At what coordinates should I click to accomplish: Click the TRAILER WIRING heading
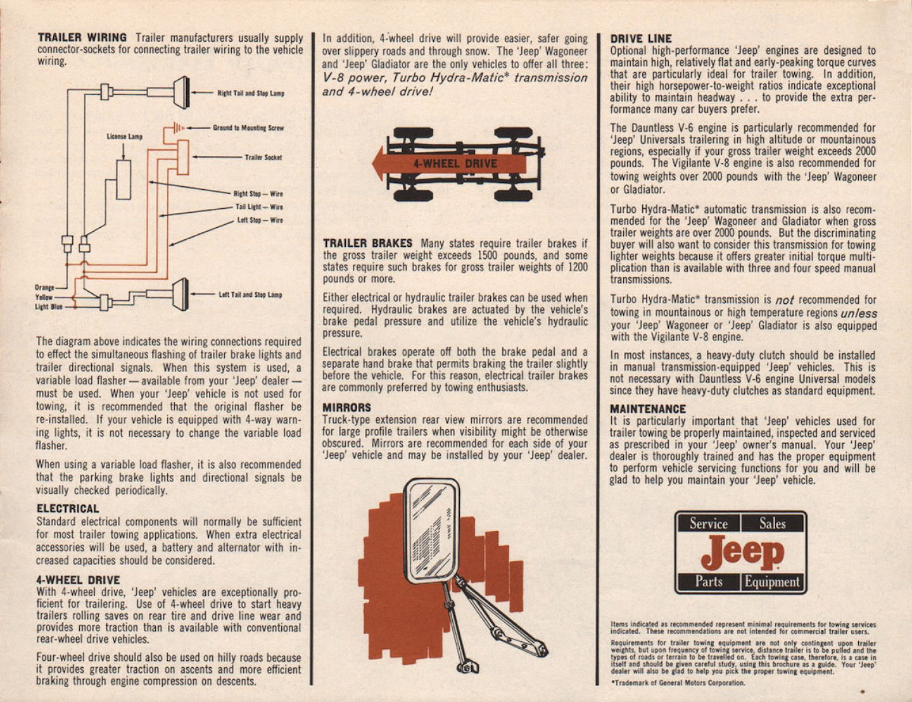click(82, 38)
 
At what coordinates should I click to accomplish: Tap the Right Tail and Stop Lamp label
click(251, 93)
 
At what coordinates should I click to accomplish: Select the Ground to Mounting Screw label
click(248, 128)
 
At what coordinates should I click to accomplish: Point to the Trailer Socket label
click(263, 158)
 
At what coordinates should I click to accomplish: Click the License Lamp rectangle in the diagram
click(123, 180)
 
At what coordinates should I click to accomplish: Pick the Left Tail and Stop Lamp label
click(250, 294)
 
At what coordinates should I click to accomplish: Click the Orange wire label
click(44, 287)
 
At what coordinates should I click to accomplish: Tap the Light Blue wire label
click(48, 307)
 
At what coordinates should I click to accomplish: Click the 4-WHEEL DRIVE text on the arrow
click(455, 163)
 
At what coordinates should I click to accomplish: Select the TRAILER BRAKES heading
click(367, 244)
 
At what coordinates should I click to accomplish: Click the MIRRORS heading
click(346, 408)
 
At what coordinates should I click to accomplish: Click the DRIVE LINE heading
click(641, 39)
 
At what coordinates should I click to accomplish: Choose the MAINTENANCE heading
click(647, 409)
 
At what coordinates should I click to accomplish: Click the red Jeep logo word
click(742, 552)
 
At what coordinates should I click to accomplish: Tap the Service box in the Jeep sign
click(708, 523)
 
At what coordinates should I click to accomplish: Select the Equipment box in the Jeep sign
click(772, 582)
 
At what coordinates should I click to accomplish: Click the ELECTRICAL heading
click(68, 509)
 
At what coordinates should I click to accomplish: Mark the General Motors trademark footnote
click(678, 683)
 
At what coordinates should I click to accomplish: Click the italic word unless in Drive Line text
click(859, 313)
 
